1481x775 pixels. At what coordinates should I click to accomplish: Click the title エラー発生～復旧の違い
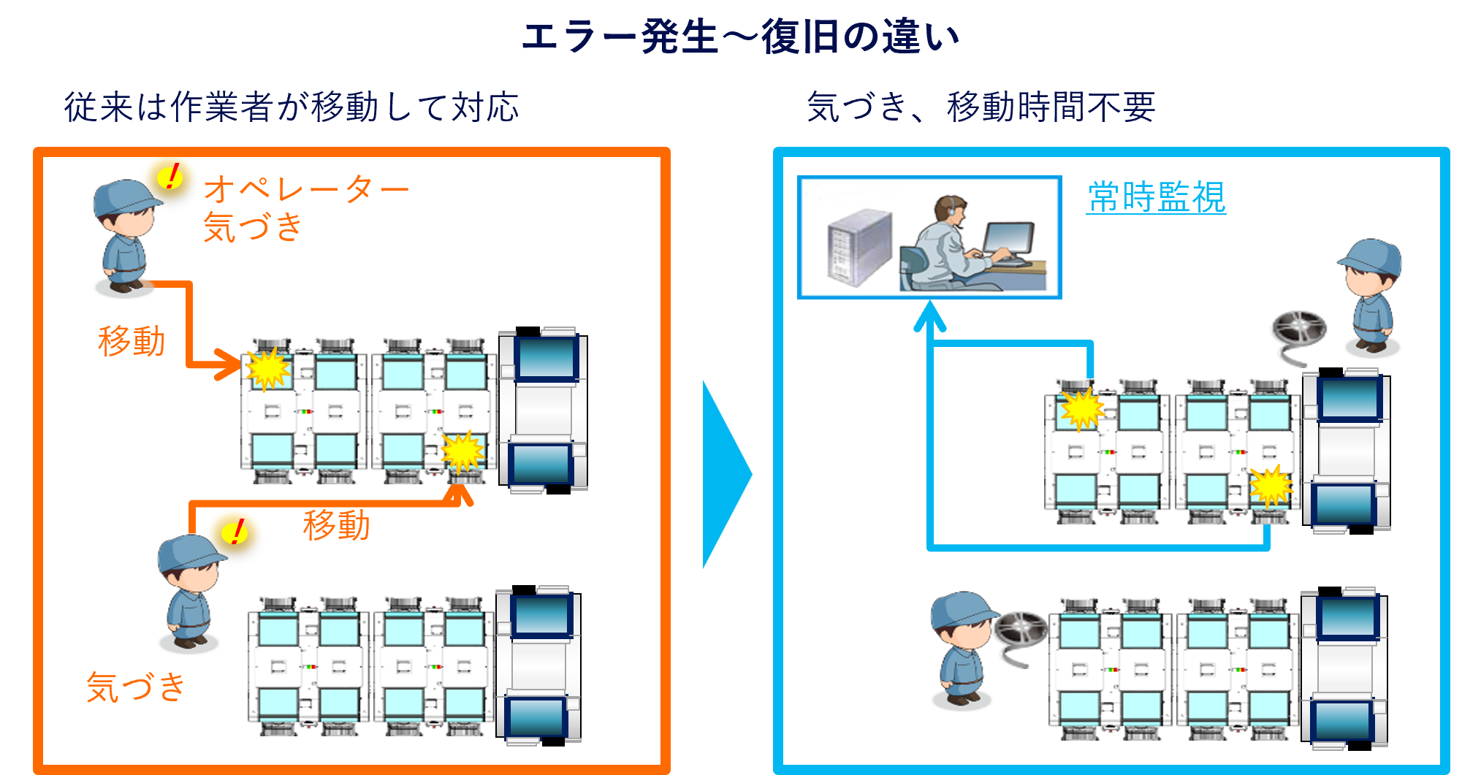[x=740, y=37]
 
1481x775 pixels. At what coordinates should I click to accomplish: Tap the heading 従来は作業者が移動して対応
[x=291, y=107]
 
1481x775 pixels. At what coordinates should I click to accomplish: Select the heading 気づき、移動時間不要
[x=981, y=107]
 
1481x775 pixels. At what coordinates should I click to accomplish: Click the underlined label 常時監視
[x=1156, y=197]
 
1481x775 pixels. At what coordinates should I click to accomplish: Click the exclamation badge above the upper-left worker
[x=171, y=177]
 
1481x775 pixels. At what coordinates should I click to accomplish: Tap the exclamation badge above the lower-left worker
[x=235, y=532]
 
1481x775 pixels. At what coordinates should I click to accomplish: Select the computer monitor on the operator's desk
[x=1008, y=239]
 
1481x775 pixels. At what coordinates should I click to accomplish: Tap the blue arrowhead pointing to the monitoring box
[x=929, y=317]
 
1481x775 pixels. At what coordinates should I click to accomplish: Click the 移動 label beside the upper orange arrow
[x=132, y=341]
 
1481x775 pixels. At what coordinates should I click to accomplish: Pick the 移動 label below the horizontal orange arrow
[x=336, y=525]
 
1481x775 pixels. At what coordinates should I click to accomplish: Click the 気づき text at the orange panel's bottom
[x=136, y=687]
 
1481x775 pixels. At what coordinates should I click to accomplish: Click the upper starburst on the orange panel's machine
[x=267, y=369]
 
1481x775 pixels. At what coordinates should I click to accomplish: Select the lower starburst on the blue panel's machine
[x=1271, y=486]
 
